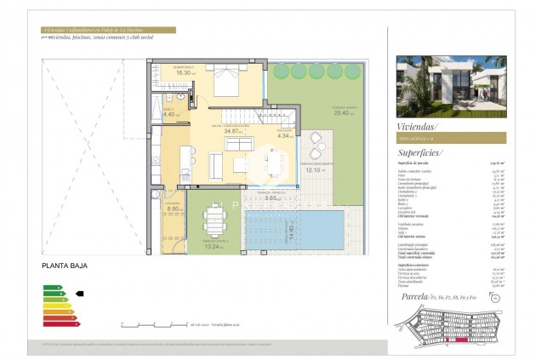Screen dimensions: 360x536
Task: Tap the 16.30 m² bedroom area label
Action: (185, 73)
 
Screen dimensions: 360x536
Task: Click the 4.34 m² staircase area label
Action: (285, 135)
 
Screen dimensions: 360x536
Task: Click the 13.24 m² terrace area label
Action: (213, 248)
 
